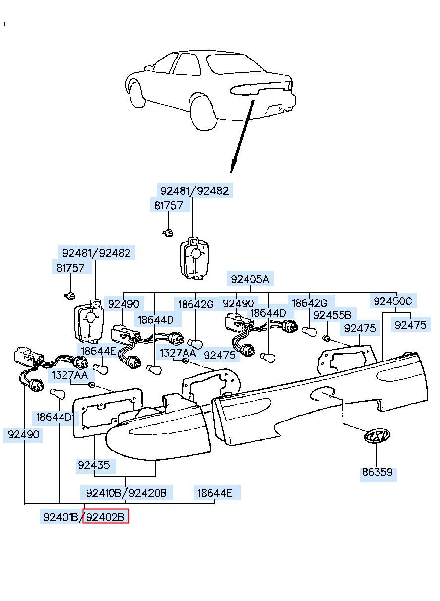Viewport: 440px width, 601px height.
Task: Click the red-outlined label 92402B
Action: (106, 517)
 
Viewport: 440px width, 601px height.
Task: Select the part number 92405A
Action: (250, 279)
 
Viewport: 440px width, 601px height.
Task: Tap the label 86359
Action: (377, 472)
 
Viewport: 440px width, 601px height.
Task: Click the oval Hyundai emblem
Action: (376, 436)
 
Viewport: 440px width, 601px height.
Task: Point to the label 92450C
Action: (393, 301)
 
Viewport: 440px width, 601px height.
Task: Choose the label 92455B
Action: (332, 315)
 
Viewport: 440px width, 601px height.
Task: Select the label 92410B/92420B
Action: (126, 493)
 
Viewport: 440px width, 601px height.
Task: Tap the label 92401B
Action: (61, 517)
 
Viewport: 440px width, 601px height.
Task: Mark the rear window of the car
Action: (234, 64)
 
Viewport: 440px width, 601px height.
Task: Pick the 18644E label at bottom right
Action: (215, 493)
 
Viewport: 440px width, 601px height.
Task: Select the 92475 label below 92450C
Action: (411, 325)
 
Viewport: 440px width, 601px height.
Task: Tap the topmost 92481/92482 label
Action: (194, 191)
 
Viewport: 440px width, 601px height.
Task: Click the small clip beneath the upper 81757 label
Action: (168, 233)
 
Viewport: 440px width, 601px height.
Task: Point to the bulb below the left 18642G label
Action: (195, 343)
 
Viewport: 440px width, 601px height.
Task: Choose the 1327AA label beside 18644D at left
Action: (70, 375)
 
